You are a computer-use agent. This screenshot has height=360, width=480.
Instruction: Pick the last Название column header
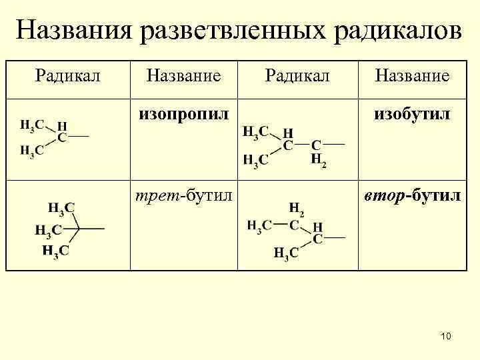pyautogui.click(x=411, y=76)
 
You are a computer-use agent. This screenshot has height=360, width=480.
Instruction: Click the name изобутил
pyautogui.click(x=411, y=115)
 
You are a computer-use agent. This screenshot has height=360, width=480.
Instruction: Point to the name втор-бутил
pyautogui.click(x=411, y=196)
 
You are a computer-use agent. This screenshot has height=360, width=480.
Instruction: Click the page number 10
pyautogui.click(x=445, y=337)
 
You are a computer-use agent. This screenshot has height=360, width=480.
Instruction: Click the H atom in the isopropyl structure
pyautogui.click(x=62, y=125)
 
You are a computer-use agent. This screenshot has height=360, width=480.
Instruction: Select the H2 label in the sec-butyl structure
pyautogui.click(x=297, y=210)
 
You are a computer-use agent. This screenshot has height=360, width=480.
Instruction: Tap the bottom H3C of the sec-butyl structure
pyautogui.click(x=285, y=253)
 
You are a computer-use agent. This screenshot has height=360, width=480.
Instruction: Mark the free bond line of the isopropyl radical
pyautogui.click(x=78, y=137)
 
